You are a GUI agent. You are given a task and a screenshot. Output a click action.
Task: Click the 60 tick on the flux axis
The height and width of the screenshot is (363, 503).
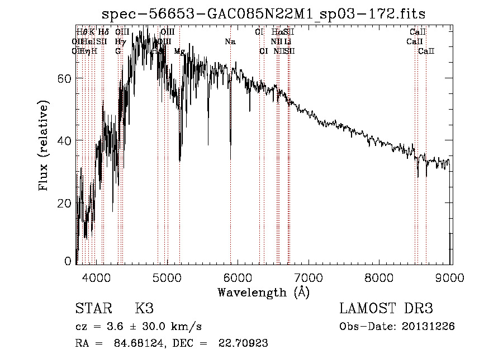65,78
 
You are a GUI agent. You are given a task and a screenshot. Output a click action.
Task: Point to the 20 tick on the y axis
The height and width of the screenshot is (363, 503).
65,203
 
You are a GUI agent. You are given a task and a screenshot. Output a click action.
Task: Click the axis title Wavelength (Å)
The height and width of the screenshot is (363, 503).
263,292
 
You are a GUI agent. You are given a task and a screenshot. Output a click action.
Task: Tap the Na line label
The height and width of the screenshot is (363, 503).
230,42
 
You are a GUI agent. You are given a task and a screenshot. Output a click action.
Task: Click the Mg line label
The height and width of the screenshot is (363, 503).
179,51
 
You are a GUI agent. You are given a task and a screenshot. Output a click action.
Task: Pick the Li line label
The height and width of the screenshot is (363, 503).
287,42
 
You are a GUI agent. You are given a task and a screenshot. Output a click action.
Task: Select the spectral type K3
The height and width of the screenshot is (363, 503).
144,309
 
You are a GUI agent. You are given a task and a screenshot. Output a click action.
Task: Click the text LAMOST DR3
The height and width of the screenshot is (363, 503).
386,309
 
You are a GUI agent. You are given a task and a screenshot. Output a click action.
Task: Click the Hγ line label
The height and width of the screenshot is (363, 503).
120,42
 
